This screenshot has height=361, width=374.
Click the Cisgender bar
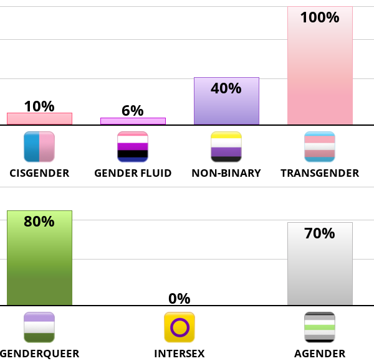[x=39, y=119]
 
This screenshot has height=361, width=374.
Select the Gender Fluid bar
[x=133, y=121]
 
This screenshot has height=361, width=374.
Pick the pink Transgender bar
[x=320, y=68]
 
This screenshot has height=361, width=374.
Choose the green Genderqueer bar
[x=39, y=261]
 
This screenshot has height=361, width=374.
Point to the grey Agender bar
[x=320, y=268]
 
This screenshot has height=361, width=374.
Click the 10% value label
[x=39, y=106]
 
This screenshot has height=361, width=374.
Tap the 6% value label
[x=133, y=111]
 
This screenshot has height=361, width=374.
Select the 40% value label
[x=226, y=88]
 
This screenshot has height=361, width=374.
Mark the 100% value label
[x=320, y=17]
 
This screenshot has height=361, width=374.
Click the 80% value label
[x=39, y=222]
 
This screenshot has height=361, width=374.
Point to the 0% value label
[x=180, y=299]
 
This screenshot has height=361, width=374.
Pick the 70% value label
[x=320, y=233]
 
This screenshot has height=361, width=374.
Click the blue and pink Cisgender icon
[x=39, y=147]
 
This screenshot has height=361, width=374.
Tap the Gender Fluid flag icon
[x=133, y=147]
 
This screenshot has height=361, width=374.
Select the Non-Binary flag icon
[x=226, y=147]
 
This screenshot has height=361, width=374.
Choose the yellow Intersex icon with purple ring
[x=180, y=327]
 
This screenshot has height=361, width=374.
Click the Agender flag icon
[x=320, y=327]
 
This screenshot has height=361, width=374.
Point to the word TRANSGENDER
[x=320, y=173]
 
